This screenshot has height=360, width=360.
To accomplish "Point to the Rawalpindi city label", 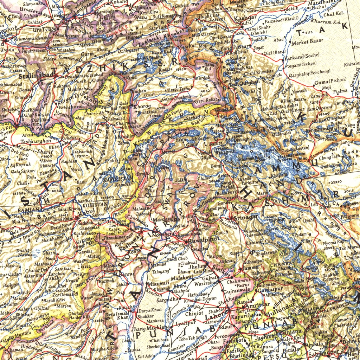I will coord(204,242).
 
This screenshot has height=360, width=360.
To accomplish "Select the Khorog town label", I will coord(142,106).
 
